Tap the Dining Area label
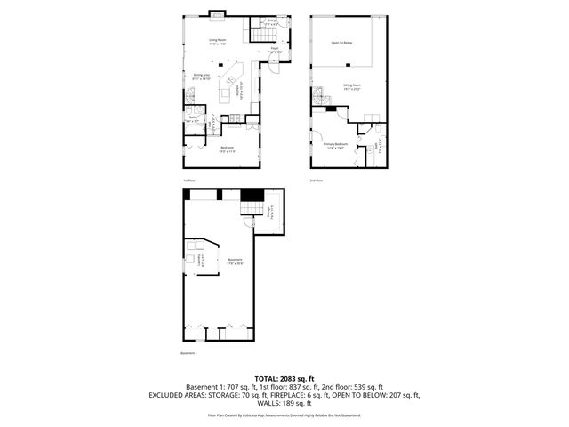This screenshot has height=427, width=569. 202,77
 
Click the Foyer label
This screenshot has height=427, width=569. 276,50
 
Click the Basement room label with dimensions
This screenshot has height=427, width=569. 235,262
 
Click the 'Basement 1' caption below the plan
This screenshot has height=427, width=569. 188,352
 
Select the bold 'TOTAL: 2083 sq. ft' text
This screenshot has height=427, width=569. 284,379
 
